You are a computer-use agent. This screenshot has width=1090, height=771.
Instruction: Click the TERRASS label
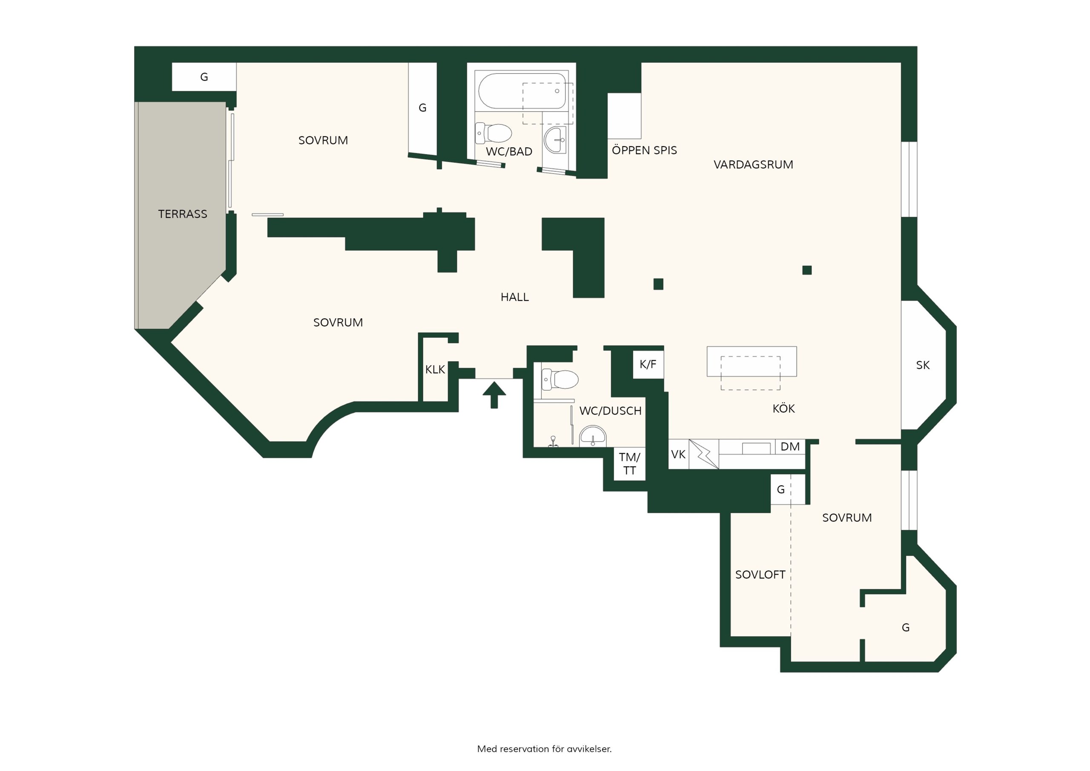pos(183,214)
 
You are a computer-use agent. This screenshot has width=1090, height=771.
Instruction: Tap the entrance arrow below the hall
pos(494,394)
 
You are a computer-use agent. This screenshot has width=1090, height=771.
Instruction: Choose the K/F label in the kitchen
pos(648,364)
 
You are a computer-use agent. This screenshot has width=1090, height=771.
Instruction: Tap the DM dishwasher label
pos(790,446)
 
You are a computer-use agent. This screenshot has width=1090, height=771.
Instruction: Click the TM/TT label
pos(629,463)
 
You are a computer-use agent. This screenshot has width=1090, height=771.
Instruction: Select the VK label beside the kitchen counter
pos(678,455)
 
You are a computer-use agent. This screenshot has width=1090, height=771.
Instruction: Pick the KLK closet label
pos(435,370)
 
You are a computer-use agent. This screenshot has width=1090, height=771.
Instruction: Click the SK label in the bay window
pos(923,365)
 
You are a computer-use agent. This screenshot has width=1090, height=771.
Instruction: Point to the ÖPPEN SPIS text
pos(644,150)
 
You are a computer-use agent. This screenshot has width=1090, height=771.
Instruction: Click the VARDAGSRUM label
pos(753,165)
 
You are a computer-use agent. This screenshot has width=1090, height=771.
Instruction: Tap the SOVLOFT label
pos(760,575)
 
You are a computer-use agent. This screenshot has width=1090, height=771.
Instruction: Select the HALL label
pos(515,297)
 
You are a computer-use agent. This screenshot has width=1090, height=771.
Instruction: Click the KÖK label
pos(784,409)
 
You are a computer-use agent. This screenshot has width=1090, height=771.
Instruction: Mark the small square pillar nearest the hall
pos(658,284)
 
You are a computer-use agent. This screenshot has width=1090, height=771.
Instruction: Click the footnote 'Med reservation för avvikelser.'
pos(545,749)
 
